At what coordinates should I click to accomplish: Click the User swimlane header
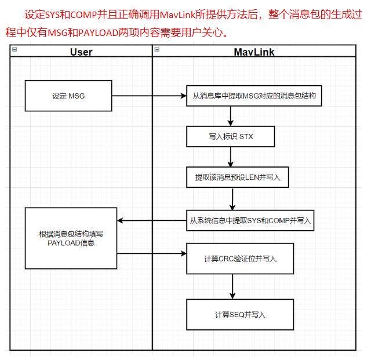(x=81, y=52)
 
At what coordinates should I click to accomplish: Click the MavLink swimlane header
(x=254, y=52)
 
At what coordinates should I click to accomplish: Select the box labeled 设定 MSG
(x=68, y=96)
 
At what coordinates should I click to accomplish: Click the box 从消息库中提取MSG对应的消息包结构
(x=254, y=96)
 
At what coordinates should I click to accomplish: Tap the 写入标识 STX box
(x=231, y=137)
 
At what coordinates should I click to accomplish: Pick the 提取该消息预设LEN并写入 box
(x=238, y=177)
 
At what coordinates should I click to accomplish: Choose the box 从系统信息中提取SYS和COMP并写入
(x=250, y=220)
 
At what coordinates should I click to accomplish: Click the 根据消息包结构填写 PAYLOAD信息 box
(x=71, y=238)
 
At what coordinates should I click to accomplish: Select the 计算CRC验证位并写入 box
(x=240, y=259)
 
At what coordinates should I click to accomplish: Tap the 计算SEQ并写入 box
(x=240, y=315)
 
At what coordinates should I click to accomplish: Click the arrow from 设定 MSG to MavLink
(x=148, y=96)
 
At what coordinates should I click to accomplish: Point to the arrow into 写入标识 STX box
(x=231, y=117)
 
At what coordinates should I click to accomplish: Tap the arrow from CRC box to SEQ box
(x=233, y=286)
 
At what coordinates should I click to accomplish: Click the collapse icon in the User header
(x=14, y=50)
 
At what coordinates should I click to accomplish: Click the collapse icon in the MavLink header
(x=157, y=50)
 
